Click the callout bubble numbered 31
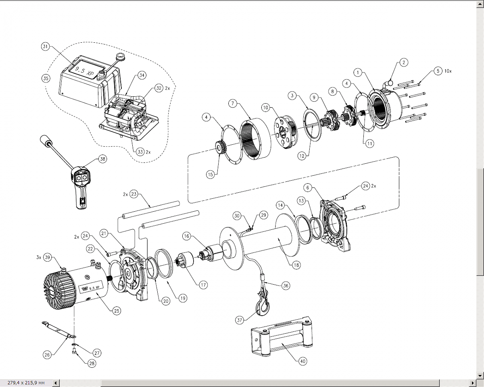[x=45, y=47]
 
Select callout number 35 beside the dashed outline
[x=46, y=78]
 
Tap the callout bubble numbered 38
[x=102, y=159]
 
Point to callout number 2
[x=404, y=62]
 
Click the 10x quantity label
[x=448, y=71]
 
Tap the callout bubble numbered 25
[x=117, y=310]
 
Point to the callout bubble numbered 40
[x=303, y=361]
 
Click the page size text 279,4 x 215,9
[x=26, y=382]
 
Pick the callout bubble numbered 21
[x=104, y=233]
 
